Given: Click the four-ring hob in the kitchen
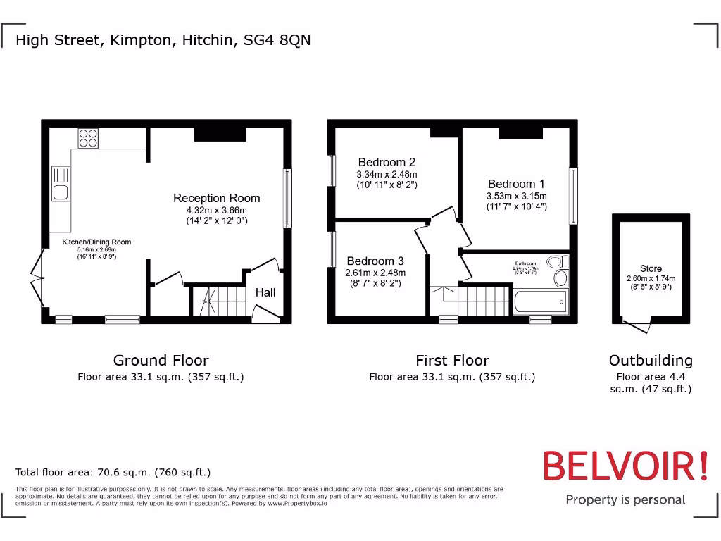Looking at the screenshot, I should (x=88, y=138).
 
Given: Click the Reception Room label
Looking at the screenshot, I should (x=217, y=199).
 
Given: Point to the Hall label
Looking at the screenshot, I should (x=265, y=292).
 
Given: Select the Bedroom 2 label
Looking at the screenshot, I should (x=387, y=163).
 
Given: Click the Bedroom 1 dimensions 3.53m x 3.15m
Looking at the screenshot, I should (x=516, y=196).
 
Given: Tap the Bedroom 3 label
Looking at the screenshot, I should (x=375, y=261).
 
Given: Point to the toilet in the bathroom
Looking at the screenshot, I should (x=560, y=278).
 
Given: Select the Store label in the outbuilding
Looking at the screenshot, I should (x=651, y=268).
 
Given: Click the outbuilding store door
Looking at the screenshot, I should (x=638, y=325).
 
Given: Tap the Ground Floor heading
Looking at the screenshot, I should (x=161, y=361).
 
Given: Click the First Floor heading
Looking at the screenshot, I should (x=452, y=361).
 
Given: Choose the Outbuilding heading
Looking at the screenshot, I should (x=651, y=361).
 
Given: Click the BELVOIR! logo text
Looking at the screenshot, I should (x=625, y=466).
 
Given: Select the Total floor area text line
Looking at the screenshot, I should (x=113, y=473).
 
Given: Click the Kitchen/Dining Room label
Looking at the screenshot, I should (x=96, y=242).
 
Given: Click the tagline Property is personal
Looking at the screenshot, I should (x=625, y=500).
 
